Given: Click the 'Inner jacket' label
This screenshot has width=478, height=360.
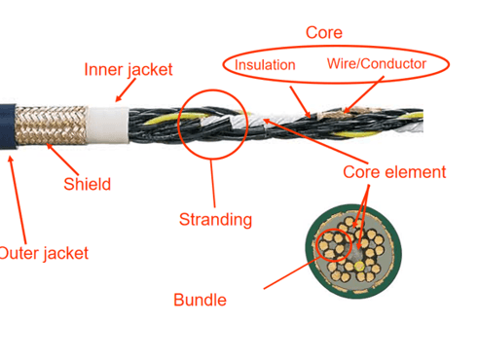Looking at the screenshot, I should coord(128,70).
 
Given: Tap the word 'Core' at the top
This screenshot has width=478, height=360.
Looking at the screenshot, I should coord(324,32).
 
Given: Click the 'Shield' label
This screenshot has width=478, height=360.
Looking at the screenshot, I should coord(87,184).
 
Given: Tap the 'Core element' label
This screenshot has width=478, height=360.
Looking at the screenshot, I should coord(394,172).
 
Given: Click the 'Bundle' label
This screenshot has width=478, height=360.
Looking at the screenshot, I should coord(199,300).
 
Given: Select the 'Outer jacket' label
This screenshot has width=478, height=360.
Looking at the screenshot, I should coord(43,254).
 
